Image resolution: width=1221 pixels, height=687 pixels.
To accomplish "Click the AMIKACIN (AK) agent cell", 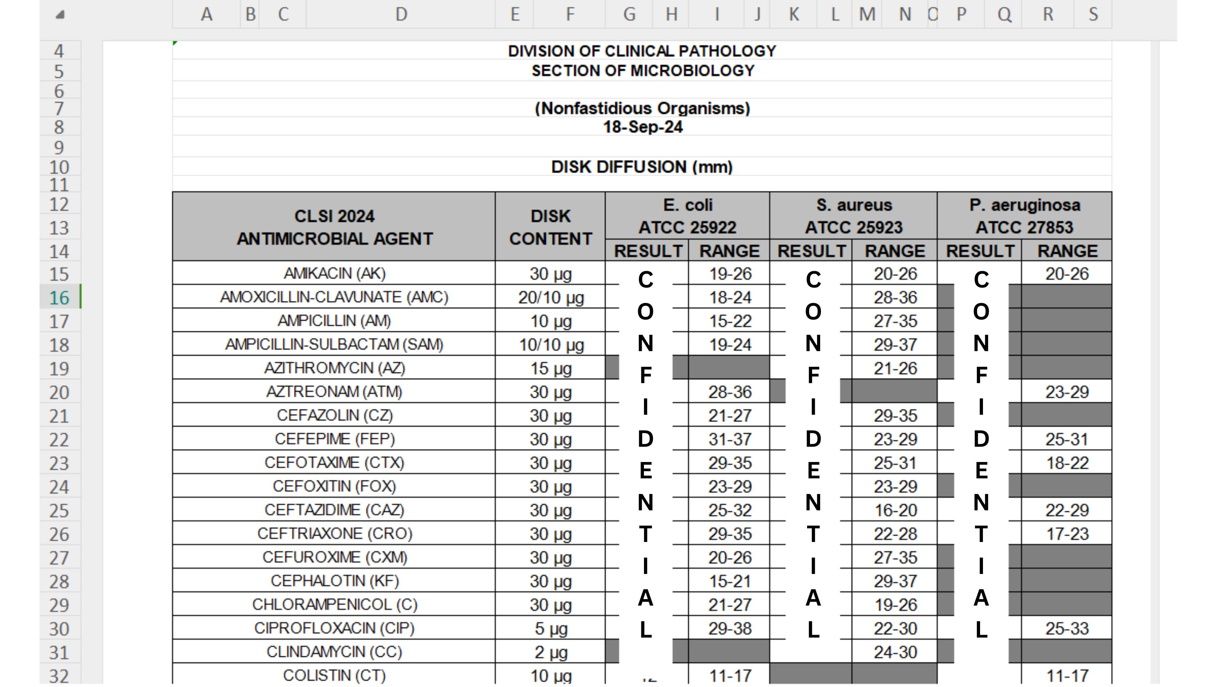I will point(334,274).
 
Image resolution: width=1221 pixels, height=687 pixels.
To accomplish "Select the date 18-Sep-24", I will point(642,127).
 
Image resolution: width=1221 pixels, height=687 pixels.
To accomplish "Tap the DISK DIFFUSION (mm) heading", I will point(642,167).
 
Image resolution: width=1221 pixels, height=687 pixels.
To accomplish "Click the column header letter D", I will point(401,14).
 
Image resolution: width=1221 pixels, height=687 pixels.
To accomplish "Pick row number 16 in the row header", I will point(59,298).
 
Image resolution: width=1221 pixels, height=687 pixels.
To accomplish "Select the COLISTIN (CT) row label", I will point(334,675).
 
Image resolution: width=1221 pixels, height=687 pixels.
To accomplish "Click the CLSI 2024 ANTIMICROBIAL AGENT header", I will point(334,227).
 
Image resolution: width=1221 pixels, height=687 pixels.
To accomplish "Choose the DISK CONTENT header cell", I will point(550,227).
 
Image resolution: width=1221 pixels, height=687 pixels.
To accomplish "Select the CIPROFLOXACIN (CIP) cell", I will point(334,628).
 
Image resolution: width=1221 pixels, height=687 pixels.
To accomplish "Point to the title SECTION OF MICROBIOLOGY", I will point(642,71).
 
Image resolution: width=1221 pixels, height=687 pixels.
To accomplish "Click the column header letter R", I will point(1048,14).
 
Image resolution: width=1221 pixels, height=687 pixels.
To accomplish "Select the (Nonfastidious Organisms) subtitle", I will point(642,108).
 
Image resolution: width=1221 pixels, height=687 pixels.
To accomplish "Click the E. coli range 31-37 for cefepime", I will point(729,439).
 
